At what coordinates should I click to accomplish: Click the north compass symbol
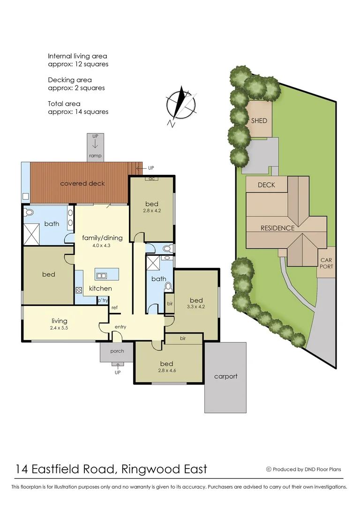(x=180, y=105)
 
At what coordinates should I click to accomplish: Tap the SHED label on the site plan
(x=259, y=120)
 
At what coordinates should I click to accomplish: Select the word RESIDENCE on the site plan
(x=277, y=228)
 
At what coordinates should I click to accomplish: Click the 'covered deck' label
(x=82, y=183)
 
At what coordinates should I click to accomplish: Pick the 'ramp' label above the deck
(x=96, y=156)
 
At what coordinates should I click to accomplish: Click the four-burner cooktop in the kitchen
(x=79, y=290)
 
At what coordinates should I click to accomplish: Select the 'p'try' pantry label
(x=103, y=300)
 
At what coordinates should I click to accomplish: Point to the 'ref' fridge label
(x=114, y=308)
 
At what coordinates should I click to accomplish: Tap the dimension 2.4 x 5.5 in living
(x=60, y=328)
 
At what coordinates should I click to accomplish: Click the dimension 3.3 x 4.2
(x=196, y=307)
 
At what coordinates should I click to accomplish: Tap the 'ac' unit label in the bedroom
(x=151, y=179)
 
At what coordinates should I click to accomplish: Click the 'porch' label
(x=117, y=351)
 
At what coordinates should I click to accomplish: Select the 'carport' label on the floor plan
(x=225, y=376)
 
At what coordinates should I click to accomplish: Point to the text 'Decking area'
(x=70, y=80)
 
